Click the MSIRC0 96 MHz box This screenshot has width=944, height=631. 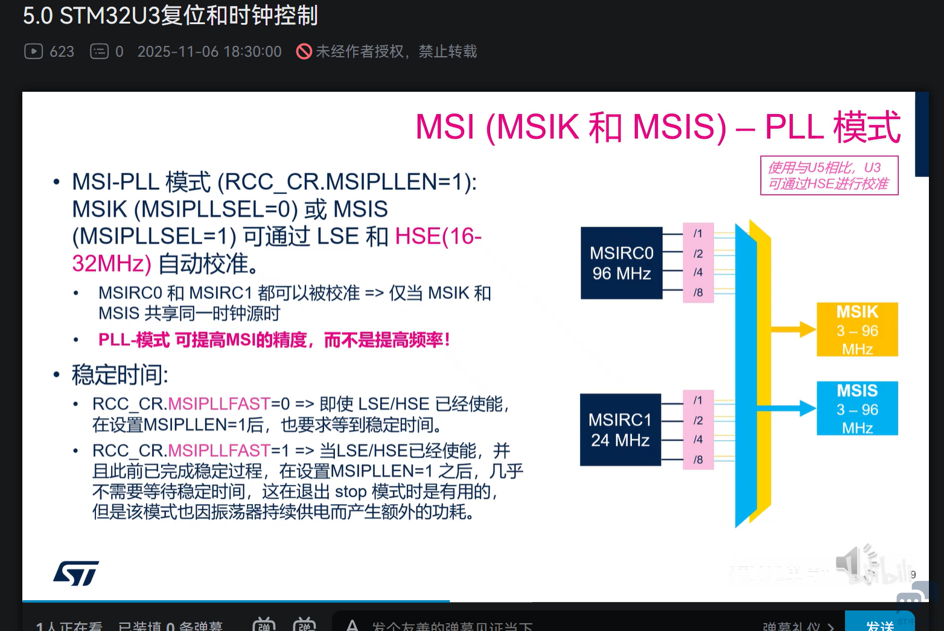[621, 263]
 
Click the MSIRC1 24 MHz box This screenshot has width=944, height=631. [620, 429]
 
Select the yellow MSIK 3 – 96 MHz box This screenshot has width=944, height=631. [857, 330]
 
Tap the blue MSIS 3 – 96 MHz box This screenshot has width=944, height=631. [857, 409]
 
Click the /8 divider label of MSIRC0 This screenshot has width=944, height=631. [698, 293]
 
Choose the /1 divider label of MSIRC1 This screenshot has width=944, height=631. [698, 400]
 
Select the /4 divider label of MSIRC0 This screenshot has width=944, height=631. [698, 273]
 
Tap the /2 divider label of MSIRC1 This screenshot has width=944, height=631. [698, 420]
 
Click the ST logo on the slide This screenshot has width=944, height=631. [76, 573]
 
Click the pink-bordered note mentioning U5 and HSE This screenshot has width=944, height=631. [829, 176]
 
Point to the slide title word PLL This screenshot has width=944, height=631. [794, 127]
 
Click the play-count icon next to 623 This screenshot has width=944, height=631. [33, 51]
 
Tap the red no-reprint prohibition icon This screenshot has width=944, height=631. [304, 51]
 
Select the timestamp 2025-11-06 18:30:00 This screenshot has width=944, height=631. [209, 52]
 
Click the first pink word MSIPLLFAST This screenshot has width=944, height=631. [219, 403]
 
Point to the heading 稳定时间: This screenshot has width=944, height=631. [120, 375]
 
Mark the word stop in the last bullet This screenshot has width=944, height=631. [351, 492]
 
